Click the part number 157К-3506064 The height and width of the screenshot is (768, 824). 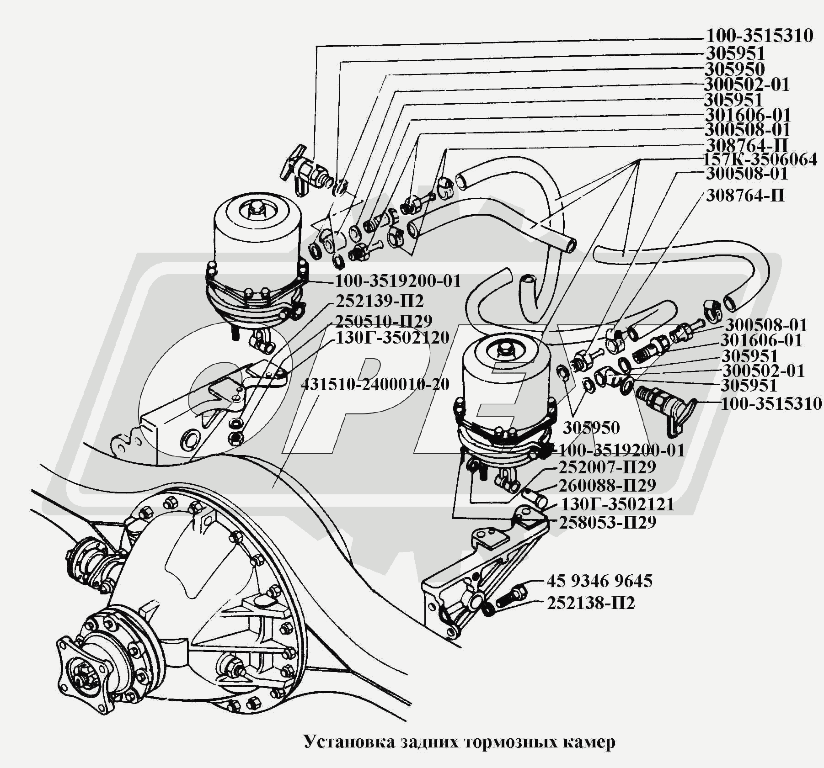click(x=760, y=160)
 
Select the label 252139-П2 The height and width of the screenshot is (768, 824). click(x=380, y=302)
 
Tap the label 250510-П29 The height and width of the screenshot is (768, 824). click(x=384, y=322)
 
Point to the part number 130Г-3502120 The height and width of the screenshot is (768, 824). click(x=393, y=338)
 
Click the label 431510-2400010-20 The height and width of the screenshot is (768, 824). click(x=375, y=384)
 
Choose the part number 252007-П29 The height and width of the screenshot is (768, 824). click(x=607, y=467)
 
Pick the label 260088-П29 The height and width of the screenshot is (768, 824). click(x=607, y=485)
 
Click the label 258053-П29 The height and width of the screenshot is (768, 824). click(x=607, y=522)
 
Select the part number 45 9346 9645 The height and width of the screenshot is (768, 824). click(x=599, y=581)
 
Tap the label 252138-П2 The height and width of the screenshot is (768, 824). click(x=591, y=604)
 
